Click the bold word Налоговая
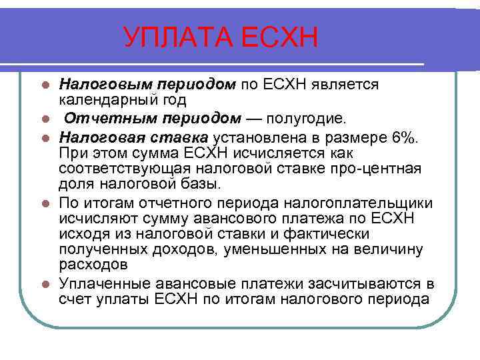pos(99,137)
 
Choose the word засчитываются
pos(356,283)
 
